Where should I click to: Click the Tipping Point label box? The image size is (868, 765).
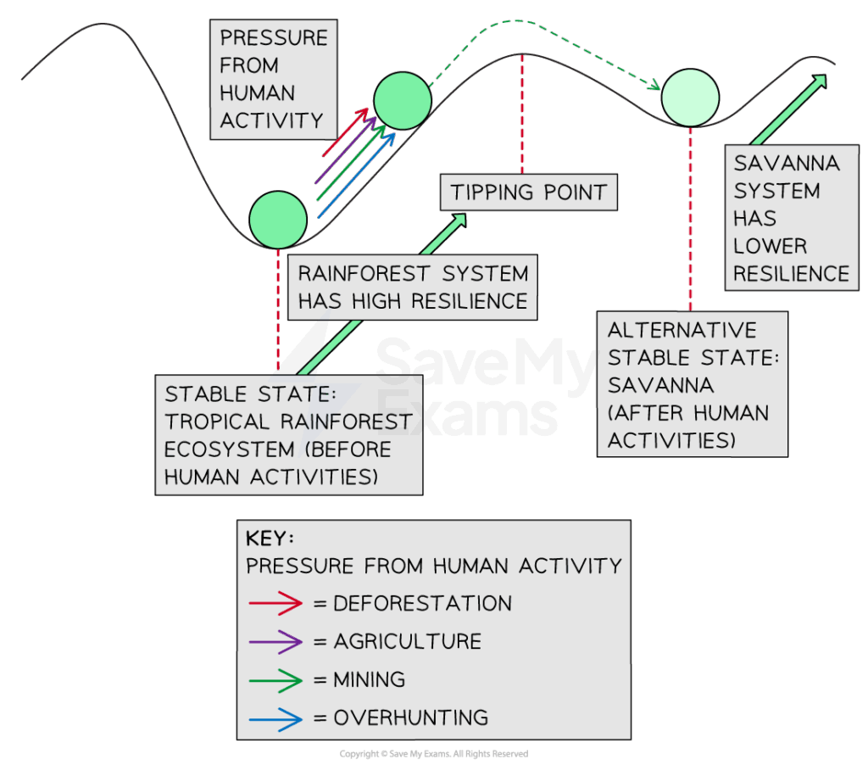(x=528, y=193)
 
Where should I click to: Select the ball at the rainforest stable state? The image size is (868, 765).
(x=278, y=220)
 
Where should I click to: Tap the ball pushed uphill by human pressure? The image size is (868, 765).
(x=403, y=100)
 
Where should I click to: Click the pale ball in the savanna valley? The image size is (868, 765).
(x=690, y=97)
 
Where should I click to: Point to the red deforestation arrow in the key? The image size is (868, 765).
(x=276, y=603)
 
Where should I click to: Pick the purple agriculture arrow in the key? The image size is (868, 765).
(x=276, y=641)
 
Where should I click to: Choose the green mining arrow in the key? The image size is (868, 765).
(x=276, y=679)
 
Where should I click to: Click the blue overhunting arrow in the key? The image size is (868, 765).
(x=276, y=718)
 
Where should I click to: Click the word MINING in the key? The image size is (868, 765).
(x=369, y=679)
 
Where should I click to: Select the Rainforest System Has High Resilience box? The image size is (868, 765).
(x=412, y=288)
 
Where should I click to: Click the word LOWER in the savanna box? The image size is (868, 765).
(x=770, y=246)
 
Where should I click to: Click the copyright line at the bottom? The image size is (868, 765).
(x=433, y=754)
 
